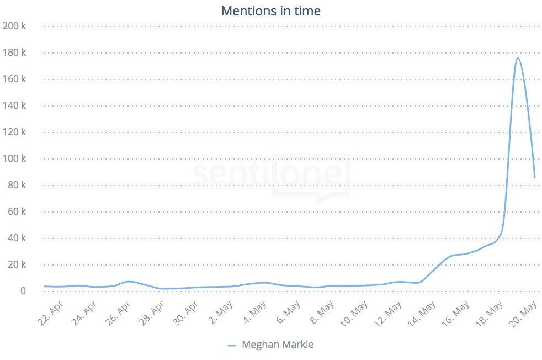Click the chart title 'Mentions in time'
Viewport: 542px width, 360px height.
(270, 10)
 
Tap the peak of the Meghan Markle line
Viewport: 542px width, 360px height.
(518, 57)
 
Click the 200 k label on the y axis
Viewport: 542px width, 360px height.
(15, 26)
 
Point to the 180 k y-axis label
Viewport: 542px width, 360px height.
(15, 52)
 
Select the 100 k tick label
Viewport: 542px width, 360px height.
(15, 158)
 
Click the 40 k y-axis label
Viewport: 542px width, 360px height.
(17, 238)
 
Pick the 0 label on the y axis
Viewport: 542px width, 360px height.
(23, 291)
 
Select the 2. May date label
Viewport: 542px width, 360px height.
(221, 313)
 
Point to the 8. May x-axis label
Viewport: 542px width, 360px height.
(322, 313)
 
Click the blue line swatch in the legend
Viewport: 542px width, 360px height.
(232, 346)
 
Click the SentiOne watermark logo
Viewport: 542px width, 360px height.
(271, 176)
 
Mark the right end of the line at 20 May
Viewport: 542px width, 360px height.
(534, 178)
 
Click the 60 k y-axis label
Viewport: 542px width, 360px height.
(17, 211)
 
